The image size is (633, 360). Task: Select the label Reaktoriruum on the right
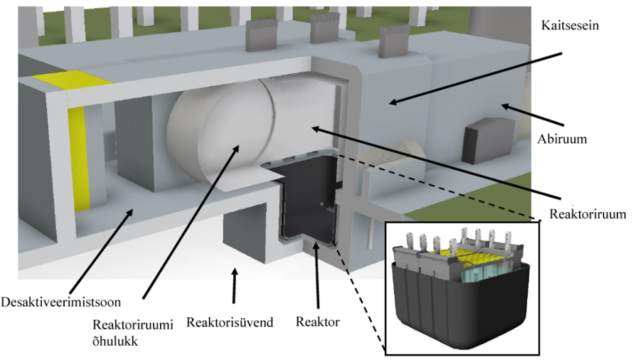point(588,213)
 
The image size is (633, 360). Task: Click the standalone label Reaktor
point(317,322)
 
